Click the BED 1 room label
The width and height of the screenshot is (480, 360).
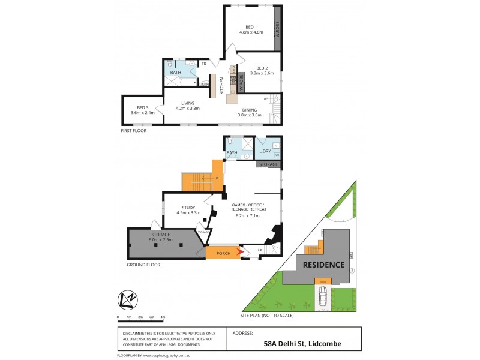coord(251,27)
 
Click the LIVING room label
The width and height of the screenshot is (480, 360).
coord(187,104)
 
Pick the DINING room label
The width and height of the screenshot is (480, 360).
coord(250,110)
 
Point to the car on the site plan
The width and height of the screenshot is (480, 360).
coord(323,295)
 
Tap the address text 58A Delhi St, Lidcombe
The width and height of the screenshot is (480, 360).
coord(295,344)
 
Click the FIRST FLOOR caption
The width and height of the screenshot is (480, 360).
coord(133,130)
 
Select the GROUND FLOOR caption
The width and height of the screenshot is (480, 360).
coord(143,264)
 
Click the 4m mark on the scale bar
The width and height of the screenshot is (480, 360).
coord(163,316)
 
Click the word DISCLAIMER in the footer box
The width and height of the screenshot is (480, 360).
coord(135,333)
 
